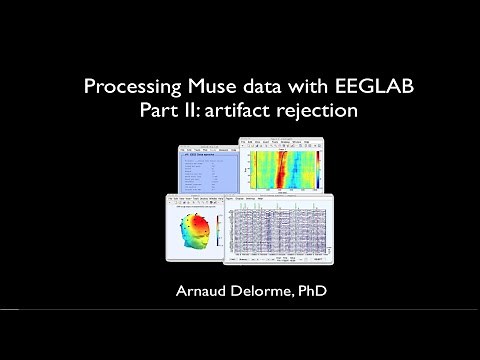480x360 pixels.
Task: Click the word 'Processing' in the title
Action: (x=128, y=87)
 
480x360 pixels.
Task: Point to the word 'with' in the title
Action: (x=294, y=87)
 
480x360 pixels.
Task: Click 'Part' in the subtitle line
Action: (x=158, y=111)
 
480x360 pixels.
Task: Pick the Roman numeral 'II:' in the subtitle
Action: (x=190, y=111)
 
